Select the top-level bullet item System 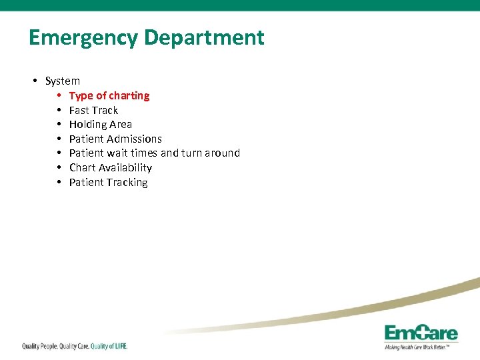[x=62, y=81]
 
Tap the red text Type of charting [x=109, y=96]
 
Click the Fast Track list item [x=93, y=111]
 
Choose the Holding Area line [x=101, y=125]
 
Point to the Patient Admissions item [x=115, y=139]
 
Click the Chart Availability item [x=111, y=168]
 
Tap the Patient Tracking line [x=109, y=183]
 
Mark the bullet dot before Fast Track [x=59, y=111]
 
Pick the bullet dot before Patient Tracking [x=59, y=183]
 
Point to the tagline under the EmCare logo [x=421, y=347]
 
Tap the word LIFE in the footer [x=118, y=346]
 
